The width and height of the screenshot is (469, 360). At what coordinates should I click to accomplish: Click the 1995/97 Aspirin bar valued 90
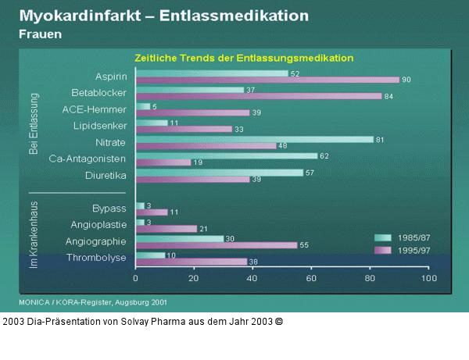pyautogui.click(x=267, y=80)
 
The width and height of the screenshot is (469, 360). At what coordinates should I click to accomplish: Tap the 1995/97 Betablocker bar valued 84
pyautogui.click(x=258, y=96)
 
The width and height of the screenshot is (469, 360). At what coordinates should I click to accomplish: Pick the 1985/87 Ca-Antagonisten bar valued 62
pyautogui.click(x=226, y=155)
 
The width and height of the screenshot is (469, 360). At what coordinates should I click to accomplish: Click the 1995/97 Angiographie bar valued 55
pyautogui.click(x=216, y=244)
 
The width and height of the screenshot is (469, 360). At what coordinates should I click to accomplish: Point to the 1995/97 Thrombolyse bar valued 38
pyautogui.click(x=191, y=262)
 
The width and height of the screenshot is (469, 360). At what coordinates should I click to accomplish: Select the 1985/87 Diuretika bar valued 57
pyautogui.click(x=219, y=172)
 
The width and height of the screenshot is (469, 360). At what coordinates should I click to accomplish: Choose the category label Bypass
pyautogui.click(x=109, y=209)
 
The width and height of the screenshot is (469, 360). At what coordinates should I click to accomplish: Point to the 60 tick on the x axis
pyautogui.click(x=311, y=278)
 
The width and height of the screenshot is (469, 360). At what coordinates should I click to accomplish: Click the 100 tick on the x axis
pyautogui.click(x=428, y=278)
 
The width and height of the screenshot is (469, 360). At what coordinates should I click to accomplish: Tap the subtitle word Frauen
pyautogui.click(x=41, y=34)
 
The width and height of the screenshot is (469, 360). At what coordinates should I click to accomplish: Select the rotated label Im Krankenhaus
pyautogui.click(x=34, y=235)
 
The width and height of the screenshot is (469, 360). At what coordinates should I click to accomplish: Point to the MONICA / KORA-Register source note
pyautogui.click(x=92, y=301)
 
